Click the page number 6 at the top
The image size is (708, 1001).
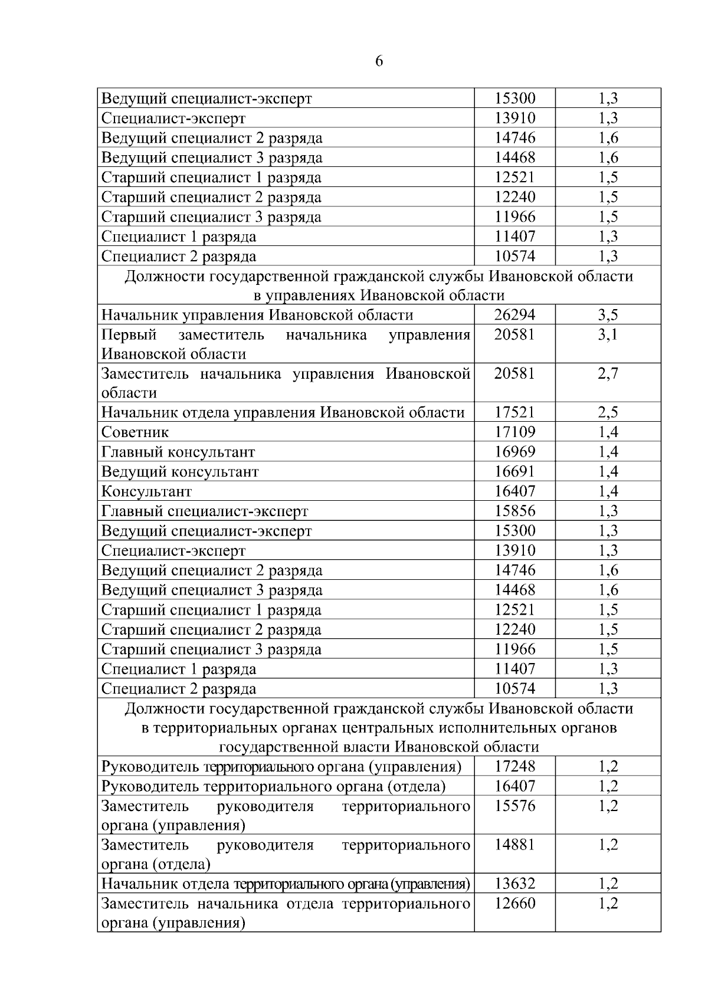[379, 61]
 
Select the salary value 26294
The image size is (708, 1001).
[514, 315]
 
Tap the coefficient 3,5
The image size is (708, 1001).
[608, 315]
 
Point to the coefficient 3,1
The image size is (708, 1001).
[608, 335]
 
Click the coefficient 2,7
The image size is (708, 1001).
[608, 374]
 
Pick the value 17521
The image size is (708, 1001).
[514, 412]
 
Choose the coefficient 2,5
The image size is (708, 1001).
[608, 412]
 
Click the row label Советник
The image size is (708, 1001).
[135, 432]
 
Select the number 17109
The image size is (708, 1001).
[514, 432]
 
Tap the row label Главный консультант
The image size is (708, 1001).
[178, 452]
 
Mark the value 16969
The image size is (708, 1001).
[514, 452]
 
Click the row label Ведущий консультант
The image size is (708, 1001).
[180, 472]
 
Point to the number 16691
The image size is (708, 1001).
[514, 472]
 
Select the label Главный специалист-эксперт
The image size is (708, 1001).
[205, 511]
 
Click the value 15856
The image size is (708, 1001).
[514, 511]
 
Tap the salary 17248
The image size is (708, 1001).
[514, 767]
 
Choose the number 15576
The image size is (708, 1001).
[514, 806]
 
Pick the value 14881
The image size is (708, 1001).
[514, 845]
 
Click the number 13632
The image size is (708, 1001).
[514, 884]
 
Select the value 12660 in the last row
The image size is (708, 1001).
[514, 904]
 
